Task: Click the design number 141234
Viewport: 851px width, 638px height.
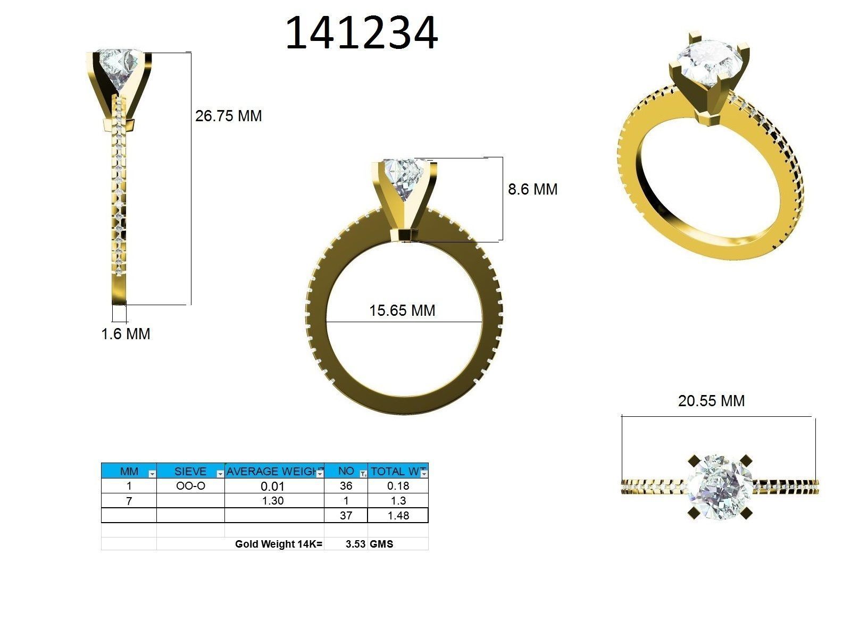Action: click(361, 33)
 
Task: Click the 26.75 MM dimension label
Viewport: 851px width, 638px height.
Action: click(228, 116)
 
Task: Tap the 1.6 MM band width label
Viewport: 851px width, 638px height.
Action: click(126, 334)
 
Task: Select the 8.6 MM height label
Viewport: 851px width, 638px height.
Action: click(532, 189)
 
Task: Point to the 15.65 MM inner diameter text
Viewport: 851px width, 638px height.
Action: click(402, 310)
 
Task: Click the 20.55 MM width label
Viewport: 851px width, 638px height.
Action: click(711, 401)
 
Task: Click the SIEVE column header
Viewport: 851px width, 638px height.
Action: click(190, 471)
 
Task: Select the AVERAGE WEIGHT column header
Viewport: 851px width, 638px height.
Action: click(271, 471)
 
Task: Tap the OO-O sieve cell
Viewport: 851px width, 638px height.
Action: click(190, 486)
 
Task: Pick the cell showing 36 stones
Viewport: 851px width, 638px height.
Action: click(346, 486)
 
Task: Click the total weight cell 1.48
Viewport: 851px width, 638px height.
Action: click(398, 515)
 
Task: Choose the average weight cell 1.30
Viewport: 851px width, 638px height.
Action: click(273, 501)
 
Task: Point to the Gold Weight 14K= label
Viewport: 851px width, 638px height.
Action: click(279, 544)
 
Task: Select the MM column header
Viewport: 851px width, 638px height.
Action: click(129, 471)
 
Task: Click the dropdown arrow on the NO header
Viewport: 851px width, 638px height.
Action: click(363, 473)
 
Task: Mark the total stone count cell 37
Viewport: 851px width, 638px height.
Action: click(346, 515)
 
